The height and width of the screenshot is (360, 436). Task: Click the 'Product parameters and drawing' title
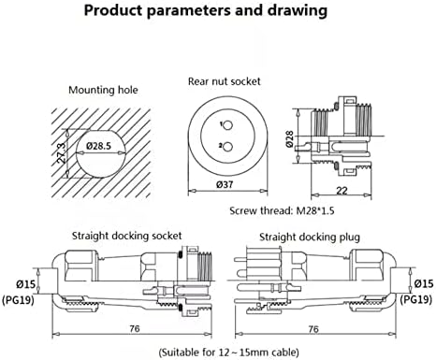coord(206,10)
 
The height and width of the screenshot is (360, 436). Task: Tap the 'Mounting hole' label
coord(103,90)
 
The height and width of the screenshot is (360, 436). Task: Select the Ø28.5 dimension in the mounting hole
coord(98,146)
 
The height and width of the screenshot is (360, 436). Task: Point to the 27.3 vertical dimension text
coord(61,153)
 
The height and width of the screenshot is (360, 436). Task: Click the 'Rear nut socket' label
coord(224,81)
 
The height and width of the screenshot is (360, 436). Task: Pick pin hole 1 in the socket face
coord(228,125)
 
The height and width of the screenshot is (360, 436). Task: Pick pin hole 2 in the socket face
coord(228,147)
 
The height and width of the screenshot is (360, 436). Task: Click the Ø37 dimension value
coord(225,184)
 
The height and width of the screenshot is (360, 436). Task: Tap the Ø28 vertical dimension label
coord(289,139)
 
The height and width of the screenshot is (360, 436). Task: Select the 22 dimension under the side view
coord(342,191)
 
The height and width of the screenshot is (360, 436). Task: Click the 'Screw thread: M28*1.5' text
coord(282,210)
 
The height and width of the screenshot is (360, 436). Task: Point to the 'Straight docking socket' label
coord(126,236)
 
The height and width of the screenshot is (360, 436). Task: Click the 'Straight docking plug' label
coord(310,238)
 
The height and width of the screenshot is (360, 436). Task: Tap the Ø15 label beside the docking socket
coord(26,284)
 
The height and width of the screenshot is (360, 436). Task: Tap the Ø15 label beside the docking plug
coord(424,283)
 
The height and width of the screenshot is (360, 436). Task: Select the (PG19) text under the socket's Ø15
coord(18,300)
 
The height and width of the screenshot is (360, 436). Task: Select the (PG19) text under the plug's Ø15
coord(416,299)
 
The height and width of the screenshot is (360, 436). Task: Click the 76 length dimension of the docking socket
coord(135,328)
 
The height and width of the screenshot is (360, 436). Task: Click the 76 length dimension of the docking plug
coord(313,329)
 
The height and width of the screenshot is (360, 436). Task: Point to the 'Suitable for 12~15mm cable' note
coord(229,353)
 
